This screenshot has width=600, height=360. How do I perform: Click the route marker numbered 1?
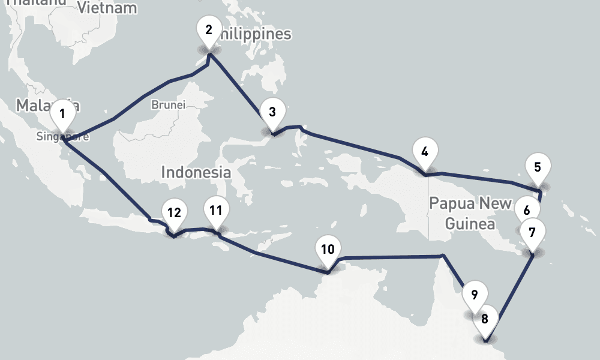(62, 114)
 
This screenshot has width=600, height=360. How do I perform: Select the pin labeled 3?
(272, 112)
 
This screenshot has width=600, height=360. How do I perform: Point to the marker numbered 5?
(538, 167)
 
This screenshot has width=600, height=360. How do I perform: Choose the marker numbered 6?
(527, 211)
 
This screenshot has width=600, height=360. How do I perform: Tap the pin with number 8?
(485, 319)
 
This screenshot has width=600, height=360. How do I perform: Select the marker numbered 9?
(474, 295)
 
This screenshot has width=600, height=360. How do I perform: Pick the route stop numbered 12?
(174, 213)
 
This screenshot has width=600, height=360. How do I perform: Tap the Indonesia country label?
(196, 172)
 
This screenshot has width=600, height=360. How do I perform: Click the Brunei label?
(169, 104)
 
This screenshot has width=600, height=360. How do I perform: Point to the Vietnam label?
(107, 8)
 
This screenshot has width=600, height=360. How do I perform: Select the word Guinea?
(470, 224)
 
